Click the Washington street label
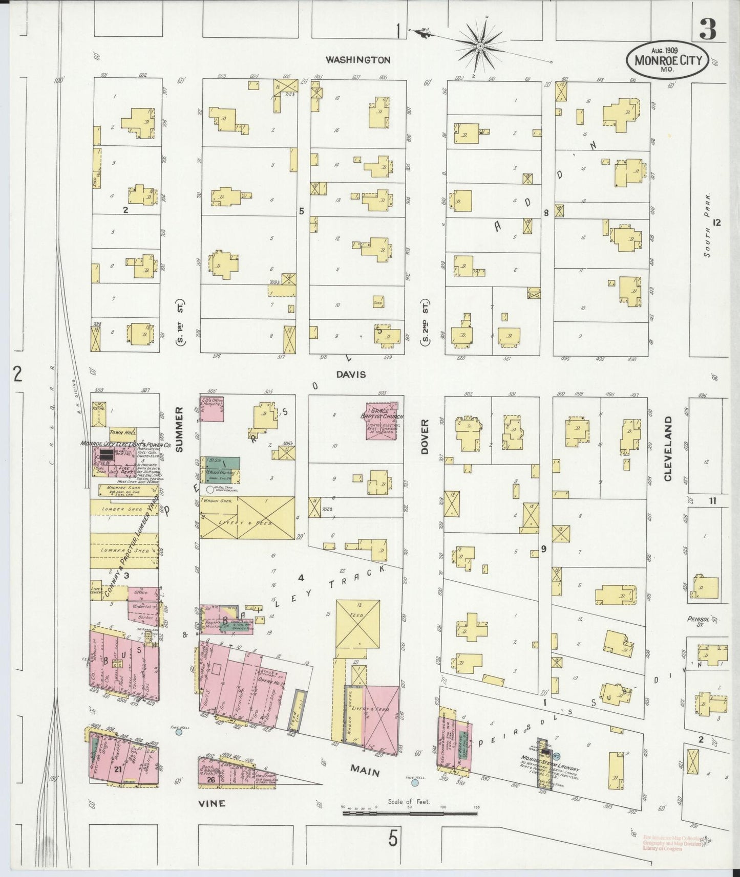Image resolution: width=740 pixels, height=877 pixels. (x=358, y=60)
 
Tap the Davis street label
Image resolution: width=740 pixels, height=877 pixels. (x=351, y=375)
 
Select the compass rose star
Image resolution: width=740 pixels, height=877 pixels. (x=480, y=46)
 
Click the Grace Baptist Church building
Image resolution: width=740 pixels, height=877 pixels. (x=385, y=421)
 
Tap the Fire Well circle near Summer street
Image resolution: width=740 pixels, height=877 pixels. (x=178, y=732)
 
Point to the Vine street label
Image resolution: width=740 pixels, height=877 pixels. (x=212, y=803)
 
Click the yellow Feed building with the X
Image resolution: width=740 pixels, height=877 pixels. (x=358, y=625)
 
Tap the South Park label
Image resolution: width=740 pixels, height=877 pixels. (x=707, y=225)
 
